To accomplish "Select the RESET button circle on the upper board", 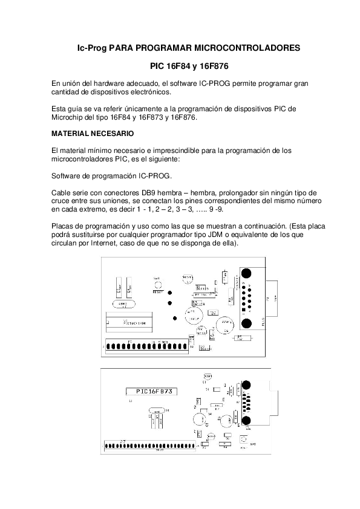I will [x=158, y=284].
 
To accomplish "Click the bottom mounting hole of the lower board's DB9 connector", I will [x=245, y=421].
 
